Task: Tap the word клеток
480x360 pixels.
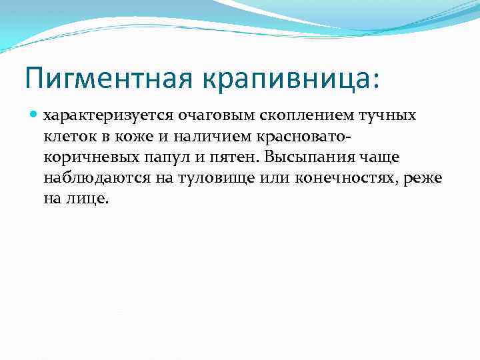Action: [x=66, y=137]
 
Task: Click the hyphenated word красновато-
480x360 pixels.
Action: [x=293, y=137]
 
